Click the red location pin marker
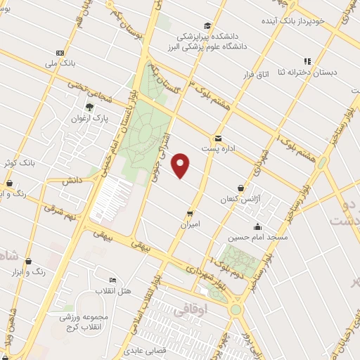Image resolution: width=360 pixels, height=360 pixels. click(181, 165)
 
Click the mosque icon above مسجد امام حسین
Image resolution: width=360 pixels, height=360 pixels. click(257, 226)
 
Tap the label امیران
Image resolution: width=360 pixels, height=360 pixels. click(190, 224)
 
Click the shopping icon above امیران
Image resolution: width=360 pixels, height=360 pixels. click(190, 213)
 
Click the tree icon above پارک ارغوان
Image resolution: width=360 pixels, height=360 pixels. click(89, 108)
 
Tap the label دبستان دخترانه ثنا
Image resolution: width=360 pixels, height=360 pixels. click(312, 72)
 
